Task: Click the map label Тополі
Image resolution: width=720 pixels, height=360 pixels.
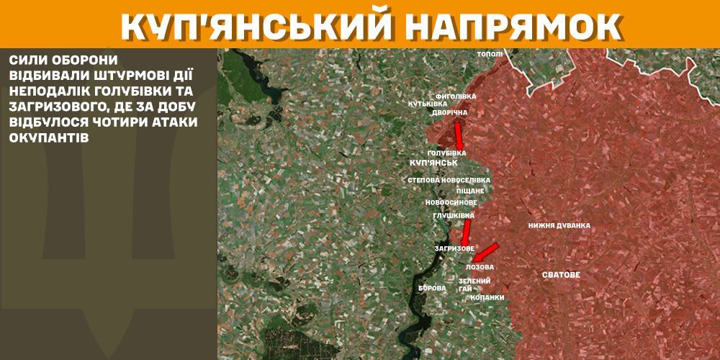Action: click(x=490, y=54)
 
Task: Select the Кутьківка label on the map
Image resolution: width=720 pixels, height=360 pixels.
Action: click(x=427, y=104)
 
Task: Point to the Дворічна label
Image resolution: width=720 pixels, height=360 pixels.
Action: click(x=450, y=113)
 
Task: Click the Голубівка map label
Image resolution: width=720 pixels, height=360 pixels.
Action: click(x=446, y=153)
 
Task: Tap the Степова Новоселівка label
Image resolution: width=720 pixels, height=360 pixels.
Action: click(x=449, y=179)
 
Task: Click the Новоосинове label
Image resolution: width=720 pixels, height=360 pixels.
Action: click(x=451, y=203)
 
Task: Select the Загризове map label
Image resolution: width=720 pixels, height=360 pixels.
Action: click(x=454, y=248)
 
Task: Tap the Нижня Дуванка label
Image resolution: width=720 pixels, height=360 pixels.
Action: click(x=559, y=225)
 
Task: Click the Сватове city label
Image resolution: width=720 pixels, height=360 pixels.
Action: click(x=561, y=275)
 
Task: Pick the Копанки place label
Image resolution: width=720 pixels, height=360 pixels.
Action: click(x=487, y=297)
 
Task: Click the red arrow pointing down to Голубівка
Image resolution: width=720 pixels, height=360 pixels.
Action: click(x=458, y=135)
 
